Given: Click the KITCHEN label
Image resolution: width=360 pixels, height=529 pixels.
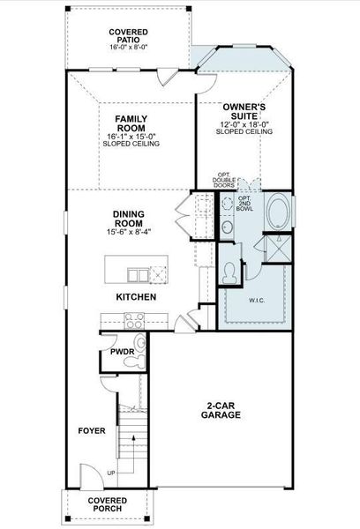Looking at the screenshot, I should (136, 297).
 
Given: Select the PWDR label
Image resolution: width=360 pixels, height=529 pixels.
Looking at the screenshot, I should (121, 351).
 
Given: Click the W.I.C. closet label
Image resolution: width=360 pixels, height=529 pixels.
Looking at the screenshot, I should (257, 300).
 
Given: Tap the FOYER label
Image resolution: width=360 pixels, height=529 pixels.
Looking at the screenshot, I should (91, 430).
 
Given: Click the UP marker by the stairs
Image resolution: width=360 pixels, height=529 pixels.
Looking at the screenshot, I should (110, 473).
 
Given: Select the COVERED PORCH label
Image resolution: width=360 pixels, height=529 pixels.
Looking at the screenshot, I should (107, 503).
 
